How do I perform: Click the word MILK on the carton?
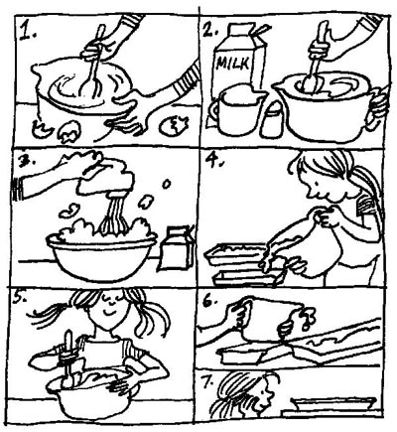coord(233,64)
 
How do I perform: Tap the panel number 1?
coord(28,32)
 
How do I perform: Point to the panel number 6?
coord(210,302)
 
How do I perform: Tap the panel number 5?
coord(20,300)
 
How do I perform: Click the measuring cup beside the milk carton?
coord(234,109)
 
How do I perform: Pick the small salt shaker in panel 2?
coord(272,119)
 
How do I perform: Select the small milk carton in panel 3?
coord(177,248)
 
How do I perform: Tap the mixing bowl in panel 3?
coord(101,255)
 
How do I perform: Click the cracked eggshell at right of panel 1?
coord(173,125)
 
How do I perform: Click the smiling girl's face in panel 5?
coord(111,311)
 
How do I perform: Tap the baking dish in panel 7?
coord(333,404)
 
